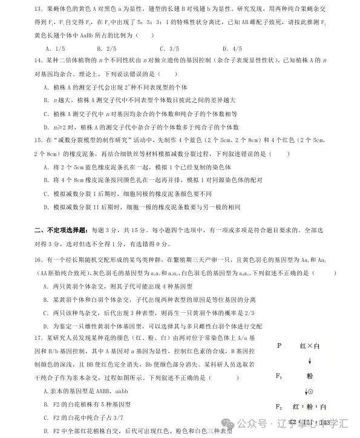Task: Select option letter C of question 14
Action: pyautogui.click(x=47, y=113)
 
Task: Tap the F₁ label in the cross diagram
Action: pyautogui.click(x=279, y=376)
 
